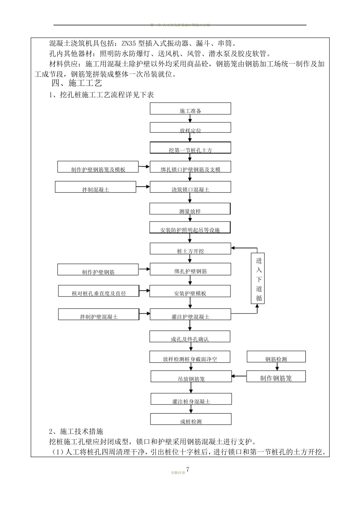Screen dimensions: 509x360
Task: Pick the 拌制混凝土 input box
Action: point(95,187)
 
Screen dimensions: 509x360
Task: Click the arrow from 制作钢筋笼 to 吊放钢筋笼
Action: point(239,376)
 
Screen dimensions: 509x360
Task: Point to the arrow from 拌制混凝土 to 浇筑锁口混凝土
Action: point(143,187)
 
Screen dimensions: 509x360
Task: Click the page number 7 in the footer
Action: point(187,470)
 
